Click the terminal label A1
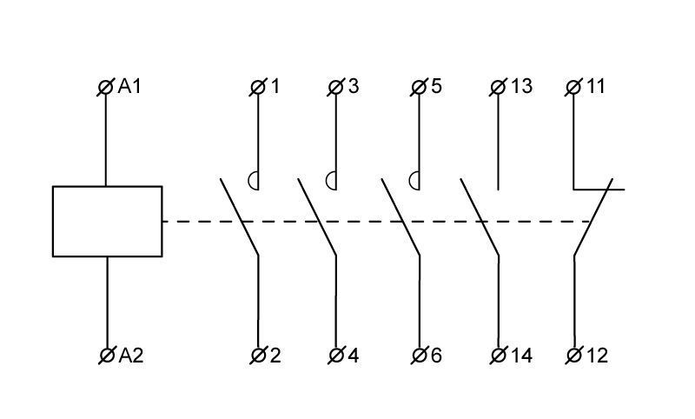(129, 86)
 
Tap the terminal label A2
(131, 356)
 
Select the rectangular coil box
(107, 222)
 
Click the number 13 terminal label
(521, 86)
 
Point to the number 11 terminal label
(596, 86)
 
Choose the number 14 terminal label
(522, 356)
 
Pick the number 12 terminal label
(597, 356)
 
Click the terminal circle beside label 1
(258, 87)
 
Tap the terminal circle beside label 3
(335, 87)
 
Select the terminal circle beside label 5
(419, 87)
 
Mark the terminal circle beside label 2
(258, 356)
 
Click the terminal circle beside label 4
(336, 356)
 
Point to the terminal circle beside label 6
(420, 356)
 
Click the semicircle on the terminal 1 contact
(249, 181)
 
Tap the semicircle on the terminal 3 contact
(327, 181)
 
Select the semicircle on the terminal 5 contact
(410, 181)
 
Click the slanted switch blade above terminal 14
(480, 216)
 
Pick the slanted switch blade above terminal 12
(593, 216)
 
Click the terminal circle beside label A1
(105, 87)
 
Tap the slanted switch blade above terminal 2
(240, 216)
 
